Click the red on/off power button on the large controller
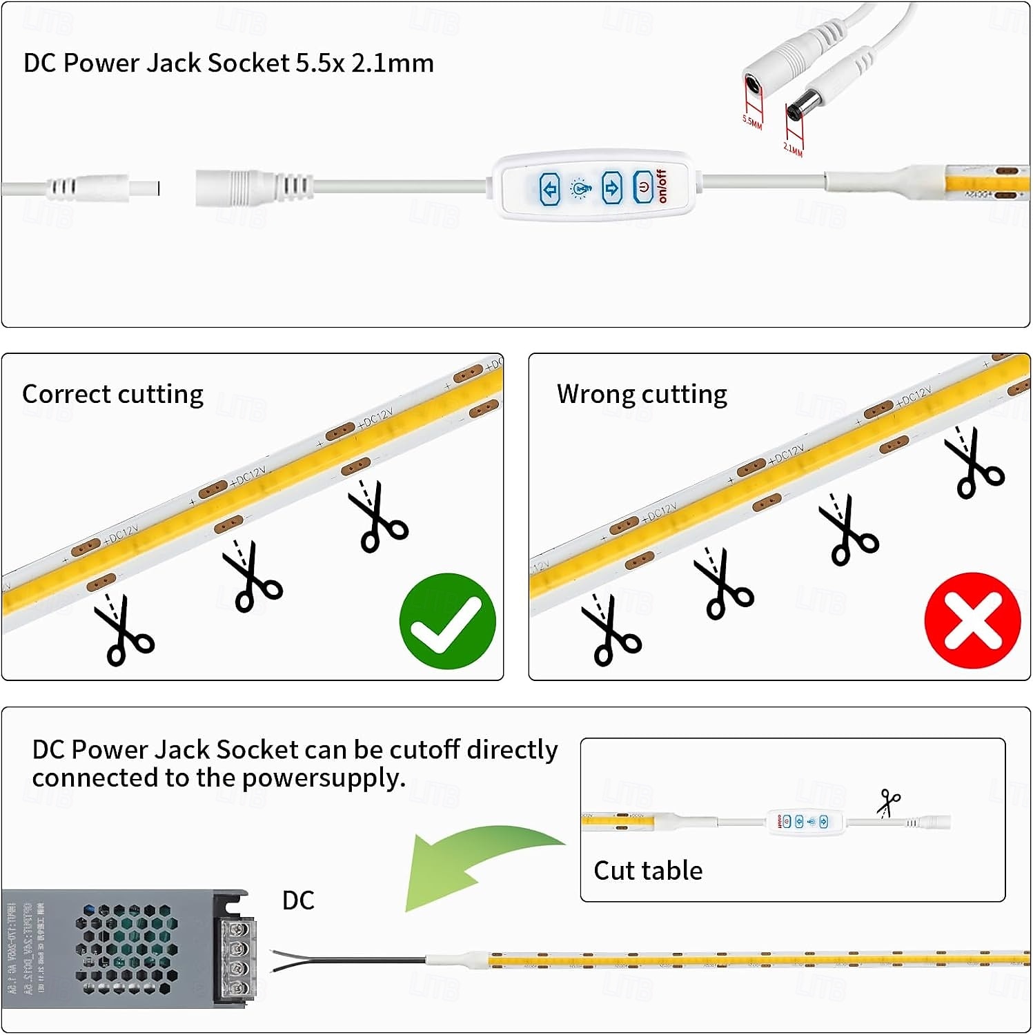click(643, 188)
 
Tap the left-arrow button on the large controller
click(550, 188)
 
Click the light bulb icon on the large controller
click(580, 188)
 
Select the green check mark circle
click(448, 620)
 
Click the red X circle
click(972, 620)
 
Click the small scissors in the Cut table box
click(889, 803)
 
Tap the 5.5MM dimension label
click(752, 122)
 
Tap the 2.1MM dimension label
click(793, 148)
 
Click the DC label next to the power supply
click(298, 900)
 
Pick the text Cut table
click(648, 871)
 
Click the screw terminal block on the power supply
click(237, 959)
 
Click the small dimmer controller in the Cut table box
click(806, 822)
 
